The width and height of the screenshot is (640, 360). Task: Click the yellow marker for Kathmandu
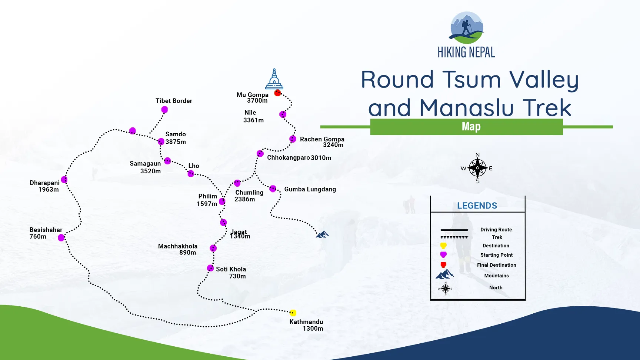[x=293, y=313]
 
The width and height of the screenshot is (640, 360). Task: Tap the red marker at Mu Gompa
[x=277, y=93]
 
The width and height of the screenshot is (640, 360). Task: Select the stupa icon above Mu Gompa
[x=274, y=79]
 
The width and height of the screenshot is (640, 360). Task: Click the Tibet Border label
[x=174, y=101]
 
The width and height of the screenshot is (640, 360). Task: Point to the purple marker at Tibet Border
[x=164, y=110]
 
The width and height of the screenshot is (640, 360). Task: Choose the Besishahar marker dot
[x=61, y=238]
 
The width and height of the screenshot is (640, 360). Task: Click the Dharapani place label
[x=44, y=183]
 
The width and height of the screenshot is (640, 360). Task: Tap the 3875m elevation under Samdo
[x=176, y=142]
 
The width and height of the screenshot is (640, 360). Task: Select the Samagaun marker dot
[x=167, y=161]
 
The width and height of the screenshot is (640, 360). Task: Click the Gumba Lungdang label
[x=310, y=189]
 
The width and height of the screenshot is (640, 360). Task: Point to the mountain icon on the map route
[x=322, y=234]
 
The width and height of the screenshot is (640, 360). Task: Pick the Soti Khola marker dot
[x=210, y=268]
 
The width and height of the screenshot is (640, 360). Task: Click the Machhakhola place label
[x=178, y=246]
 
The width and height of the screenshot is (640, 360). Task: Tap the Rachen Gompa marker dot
[x=293, y=139]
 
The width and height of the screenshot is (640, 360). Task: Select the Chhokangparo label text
[x=289, y=158]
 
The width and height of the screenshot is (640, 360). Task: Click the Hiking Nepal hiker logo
[x=467, y=27]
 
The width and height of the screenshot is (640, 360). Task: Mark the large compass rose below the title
[x=477, y=168]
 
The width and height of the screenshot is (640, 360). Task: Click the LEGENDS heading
[x=477, y=206]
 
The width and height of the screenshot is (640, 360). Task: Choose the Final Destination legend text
[x=496, y=265]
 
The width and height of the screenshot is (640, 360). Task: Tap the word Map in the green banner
[x=471, y=127]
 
